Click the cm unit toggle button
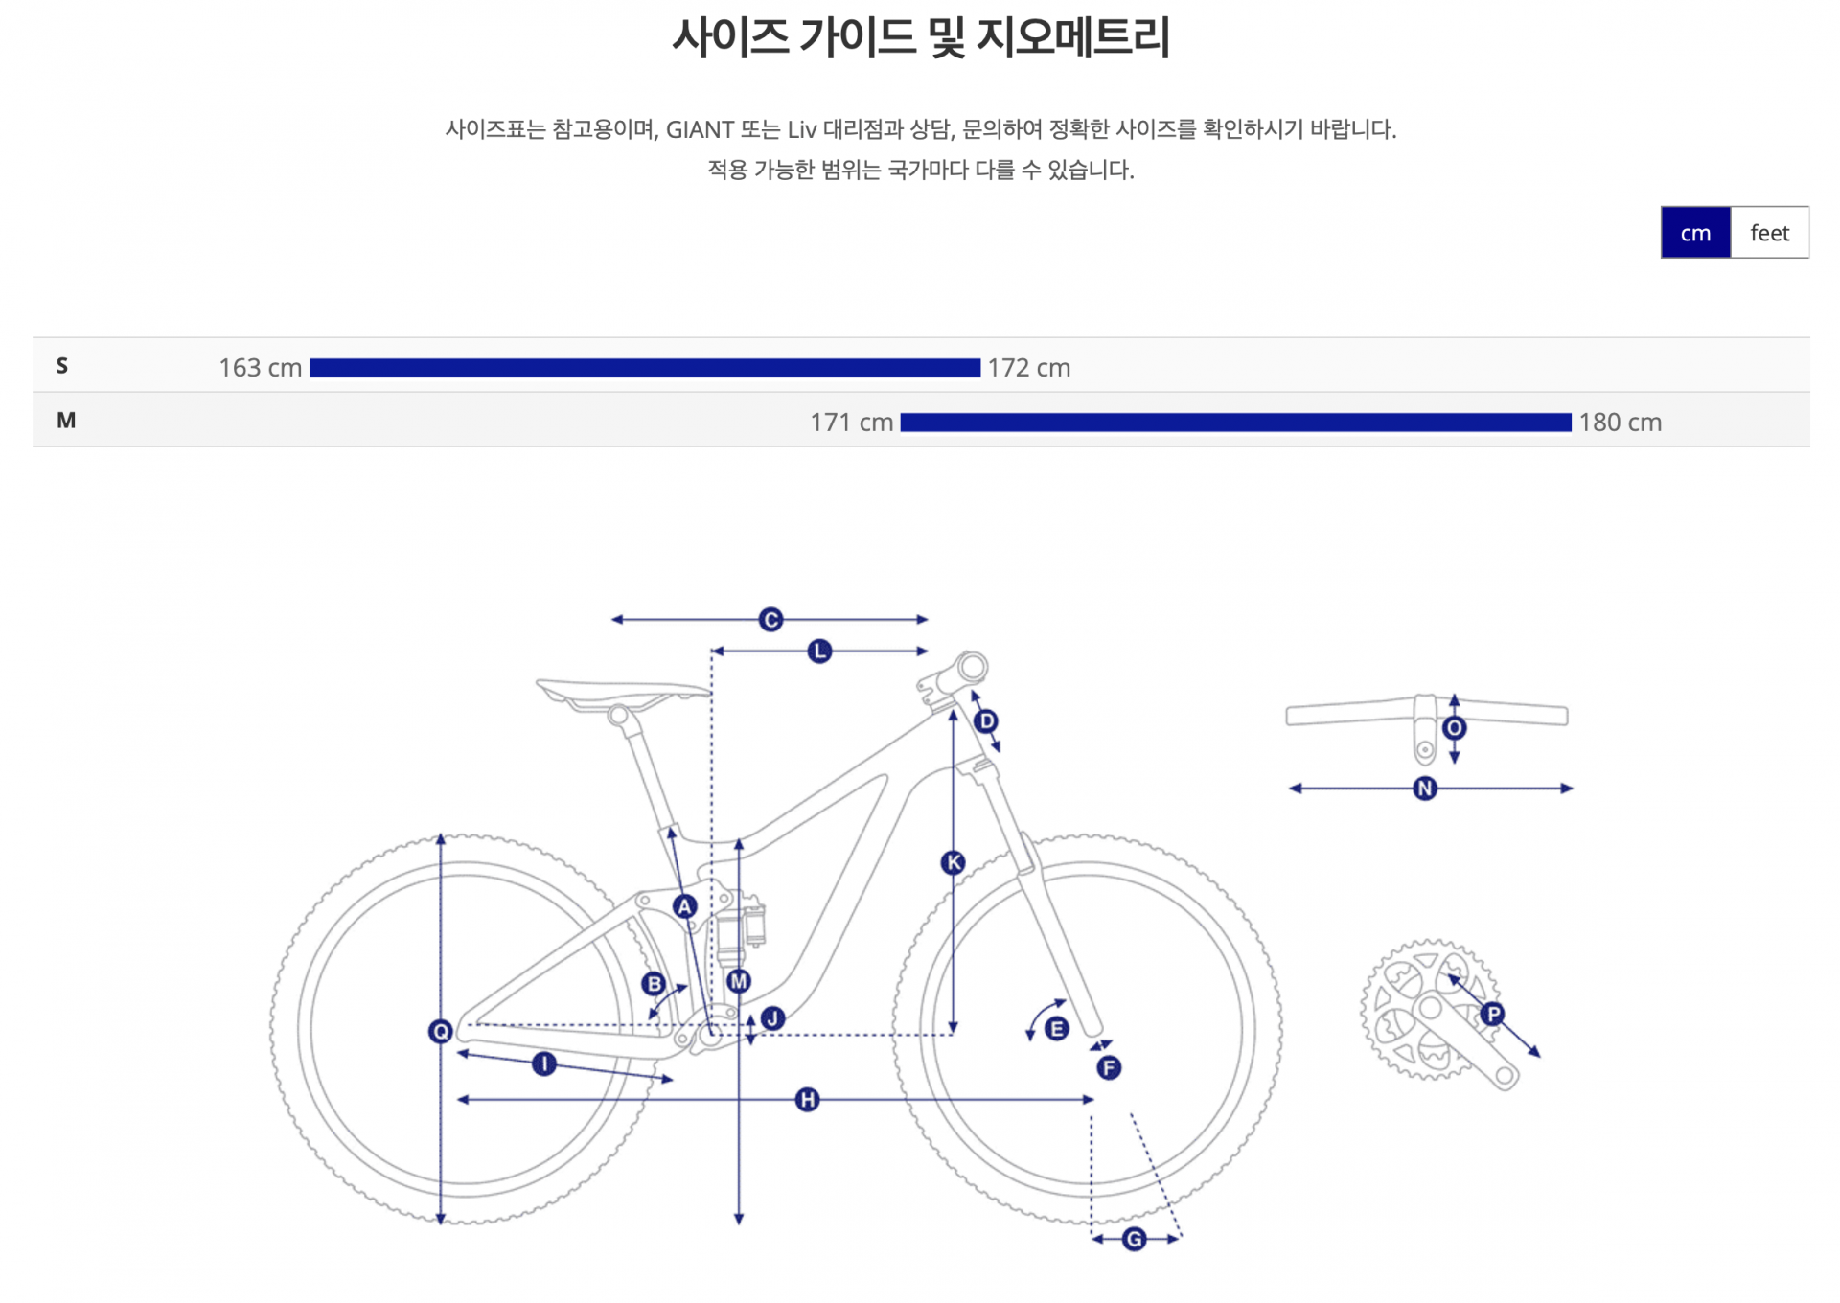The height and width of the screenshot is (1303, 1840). [x=1694, y=233]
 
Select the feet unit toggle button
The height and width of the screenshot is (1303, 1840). [x=1769, y=233]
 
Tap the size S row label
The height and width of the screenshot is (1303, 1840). [x=62, y=366]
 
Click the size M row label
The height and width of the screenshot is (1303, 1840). [x=66, y=421]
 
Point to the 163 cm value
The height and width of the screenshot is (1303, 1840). [x=260, y=368]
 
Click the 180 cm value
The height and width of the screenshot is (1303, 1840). [x=1620, y=423]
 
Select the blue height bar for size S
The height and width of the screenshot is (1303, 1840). [x=644, y=368]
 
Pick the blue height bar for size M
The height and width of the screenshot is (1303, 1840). [x=1235, y=423]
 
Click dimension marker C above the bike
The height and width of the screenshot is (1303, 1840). [x=770, y=620]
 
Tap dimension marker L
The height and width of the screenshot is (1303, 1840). [x=819, y=651]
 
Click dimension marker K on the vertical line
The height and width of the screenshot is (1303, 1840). [x=953, y=863]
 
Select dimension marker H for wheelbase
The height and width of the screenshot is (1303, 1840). [x=807, y=1100]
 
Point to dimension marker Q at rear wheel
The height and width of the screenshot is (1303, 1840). [x=441, y=1031]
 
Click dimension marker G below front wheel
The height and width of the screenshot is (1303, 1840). [x=1134, y=1239]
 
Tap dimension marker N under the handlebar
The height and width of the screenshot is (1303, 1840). [x=1425, y=789]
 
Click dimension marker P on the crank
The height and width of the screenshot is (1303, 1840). [x=1492, y=1014]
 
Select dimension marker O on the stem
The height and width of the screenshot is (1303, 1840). [x=1454, y=728]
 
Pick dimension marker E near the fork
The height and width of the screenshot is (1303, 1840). [x=1056, y=1029]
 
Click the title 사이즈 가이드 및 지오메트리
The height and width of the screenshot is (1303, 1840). [x=920, y=38]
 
